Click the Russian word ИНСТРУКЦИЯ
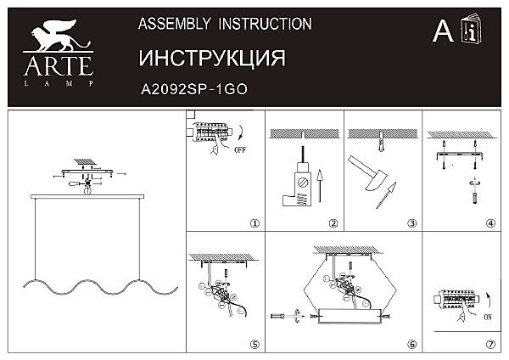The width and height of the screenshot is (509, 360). [210, 57]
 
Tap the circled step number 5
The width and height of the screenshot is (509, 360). [254, 346]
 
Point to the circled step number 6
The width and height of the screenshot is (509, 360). [411, 346]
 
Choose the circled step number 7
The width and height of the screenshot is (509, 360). [490, 346]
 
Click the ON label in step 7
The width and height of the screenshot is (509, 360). [487, 317]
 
